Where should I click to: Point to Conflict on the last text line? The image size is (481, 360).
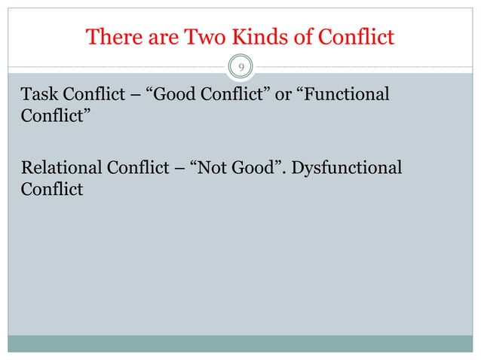[51, 188]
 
